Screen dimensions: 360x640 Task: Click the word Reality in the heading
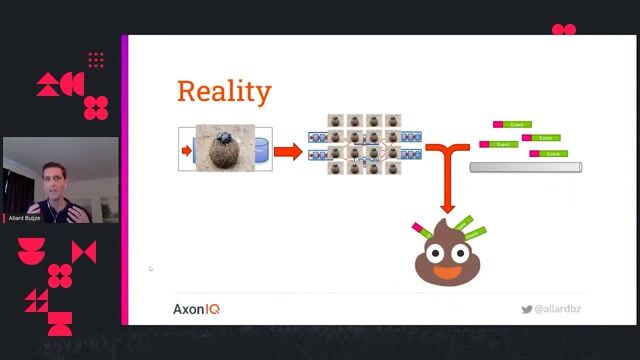[224, 92]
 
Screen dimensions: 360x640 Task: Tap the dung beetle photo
[225, 147]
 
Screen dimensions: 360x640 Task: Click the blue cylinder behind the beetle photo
[261, 150]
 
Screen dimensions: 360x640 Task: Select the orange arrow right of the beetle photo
[288, 152]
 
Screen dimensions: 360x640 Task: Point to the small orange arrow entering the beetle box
[186, 151]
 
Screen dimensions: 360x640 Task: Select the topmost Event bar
[514, 125]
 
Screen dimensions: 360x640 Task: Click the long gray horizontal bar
[525, 166]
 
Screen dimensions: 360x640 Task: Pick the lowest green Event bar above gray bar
[549, 154]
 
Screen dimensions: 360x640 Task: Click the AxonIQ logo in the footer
[196, 309]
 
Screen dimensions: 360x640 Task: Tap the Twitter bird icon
[526, 310]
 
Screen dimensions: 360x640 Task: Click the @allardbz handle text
[558, 310]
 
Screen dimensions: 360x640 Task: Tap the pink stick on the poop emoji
[421, 229]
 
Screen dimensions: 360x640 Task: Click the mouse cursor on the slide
[150, 267]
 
